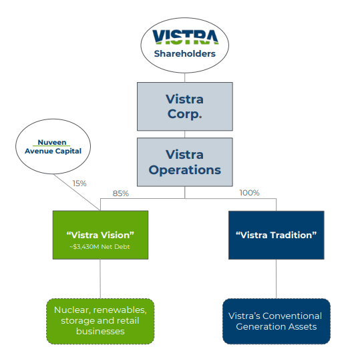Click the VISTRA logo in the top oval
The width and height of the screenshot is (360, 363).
pos(185,36)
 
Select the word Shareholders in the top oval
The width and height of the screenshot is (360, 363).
pos(185,53)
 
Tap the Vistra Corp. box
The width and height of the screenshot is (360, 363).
pos(184,106)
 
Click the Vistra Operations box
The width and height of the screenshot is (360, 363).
pos(184,162)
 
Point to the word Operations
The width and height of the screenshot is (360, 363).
pos(184,169)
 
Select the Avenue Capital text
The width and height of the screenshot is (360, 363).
pos(53,151)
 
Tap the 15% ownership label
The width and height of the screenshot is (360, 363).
pos(79,182)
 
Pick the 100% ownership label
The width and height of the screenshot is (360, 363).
pos(249,194)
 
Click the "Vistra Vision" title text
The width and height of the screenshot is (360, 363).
pos(100,235)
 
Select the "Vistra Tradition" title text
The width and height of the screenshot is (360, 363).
pos(276,235)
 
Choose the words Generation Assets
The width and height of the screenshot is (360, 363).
pos(276,326)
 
